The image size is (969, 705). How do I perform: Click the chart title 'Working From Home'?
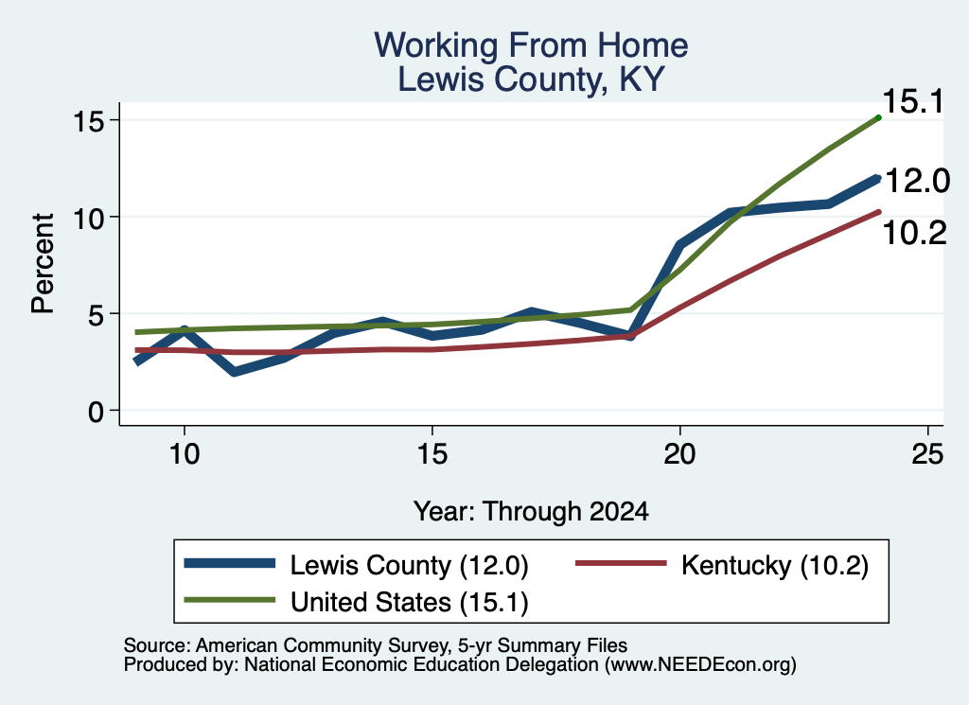531,45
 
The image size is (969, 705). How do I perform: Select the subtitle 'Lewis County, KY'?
531,79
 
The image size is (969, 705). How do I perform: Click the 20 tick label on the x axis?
679,454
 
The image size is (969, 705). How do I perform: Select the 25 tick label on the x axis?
927,454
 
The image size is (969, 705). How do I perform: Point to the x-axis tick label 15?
432,454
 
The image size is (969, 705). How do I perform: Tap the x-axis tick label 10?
185,454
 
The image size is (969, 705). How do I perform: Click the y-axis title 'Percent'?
43,264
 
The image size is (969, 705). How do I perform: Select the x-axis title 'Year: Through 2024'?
531,512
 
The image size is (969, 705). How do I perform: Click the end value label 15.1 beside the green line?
913,102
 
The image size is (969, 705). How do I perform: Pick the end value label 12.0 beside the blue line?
918,181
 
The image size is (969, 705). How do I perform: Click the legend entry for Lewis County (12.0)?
357,565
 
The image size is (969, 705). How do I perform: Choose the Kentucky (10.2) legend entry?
722,565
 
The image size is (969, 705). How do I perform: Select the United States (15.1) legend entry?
357,602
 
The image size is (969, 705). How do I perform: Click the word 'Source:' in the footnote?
157,645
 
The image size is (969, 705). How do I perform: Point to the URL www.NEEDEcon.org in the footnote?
700,664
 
